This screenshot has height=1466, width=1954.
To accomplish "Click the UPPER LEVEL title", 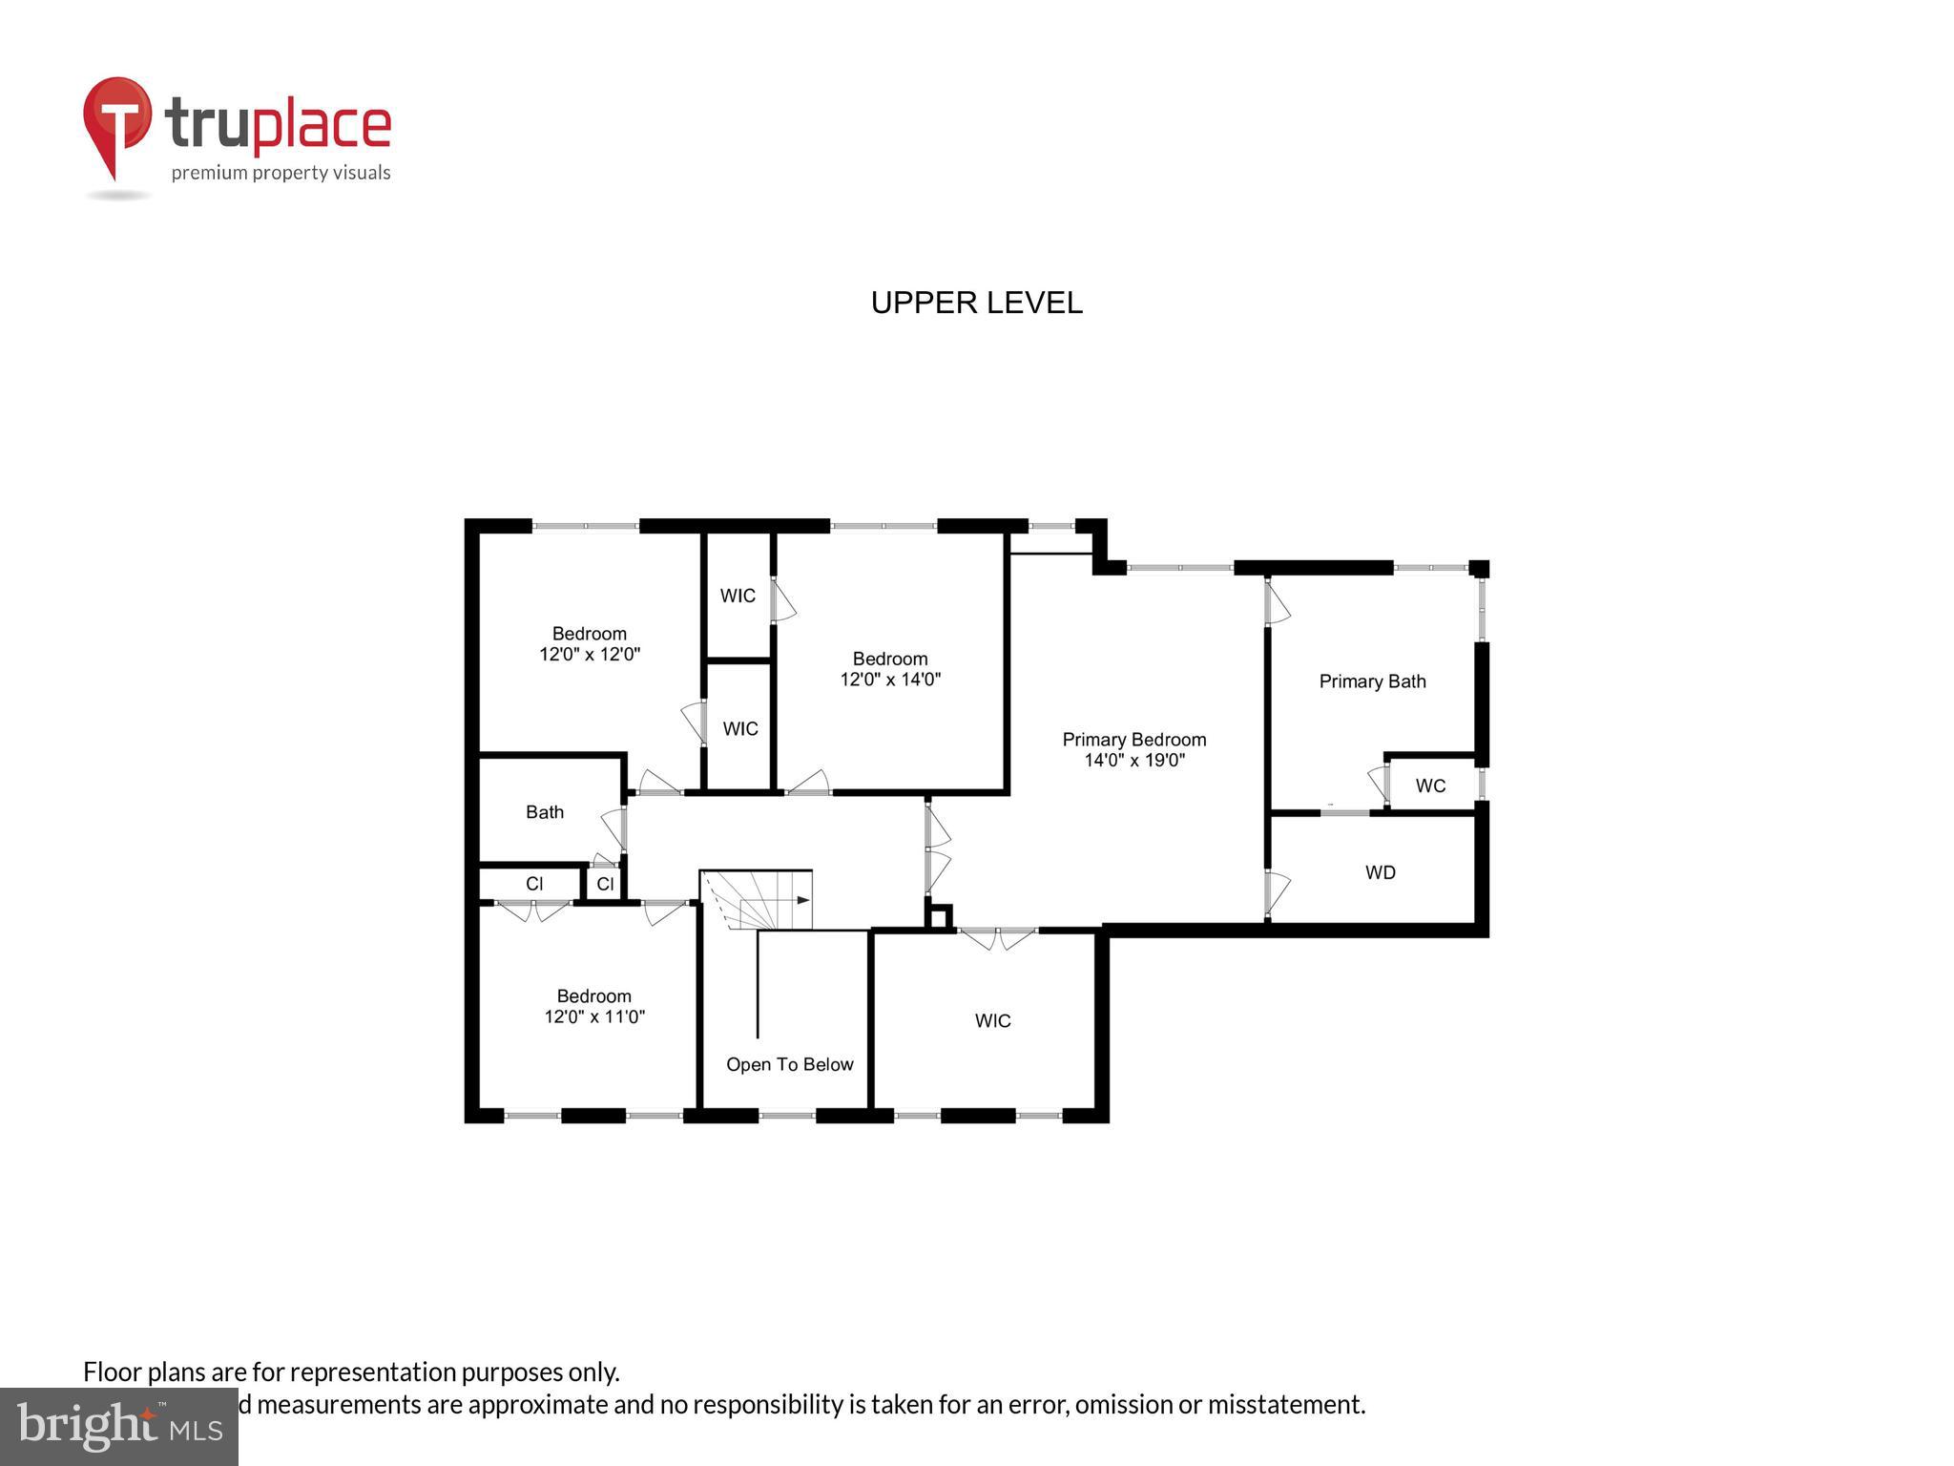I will click(x=976, y=303).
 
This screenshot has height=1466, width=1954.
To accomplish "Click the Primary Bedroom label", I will click(x=1133, y=740).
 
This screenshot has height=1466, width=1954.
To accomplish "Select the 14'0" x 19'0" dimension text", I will click(x=1133, y=761).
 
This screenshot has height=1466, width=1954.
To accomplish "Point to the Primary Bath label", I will click(x=1371, y=681).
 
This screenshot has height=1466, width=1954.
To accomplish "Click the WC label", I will click(x=1429, y=785).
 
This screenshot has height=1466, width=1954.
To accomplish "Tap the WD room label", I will click(x=1380, y=872).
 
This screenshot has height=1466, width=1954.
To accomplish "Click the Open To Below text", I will click(x=789, y=1064).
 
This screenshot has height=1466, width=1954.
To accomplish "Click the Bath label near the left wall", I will click(x=544, y=812).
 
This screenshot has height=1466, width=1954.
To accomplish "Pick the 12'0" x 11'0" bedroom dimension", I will click(x=593, y=1017).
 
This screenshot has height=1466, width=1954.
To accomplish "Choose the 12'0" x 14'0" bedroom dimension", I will click(x=889, y=680).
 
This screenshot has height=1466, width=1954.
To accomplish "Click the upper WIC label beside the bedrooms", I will click(x=737, y=596).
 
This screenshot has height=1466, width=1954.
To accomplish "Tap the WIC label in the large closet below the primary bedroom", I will click(x=992, y=1020).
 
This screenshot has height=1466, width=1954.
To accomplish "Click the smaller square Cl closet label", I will click(x=605, y=884).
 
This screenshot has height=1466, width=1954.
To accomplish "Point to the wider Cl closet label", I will click(x=533, y=884).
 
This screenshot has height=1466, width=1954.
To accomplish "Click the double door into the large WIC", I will click(x=997, y=937).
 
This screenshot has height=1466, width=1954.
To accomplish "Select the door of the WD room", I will click(x=1276, y=891).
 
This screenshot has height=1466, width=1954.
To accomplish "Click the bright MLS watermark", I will click(x=119, y=1427).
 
